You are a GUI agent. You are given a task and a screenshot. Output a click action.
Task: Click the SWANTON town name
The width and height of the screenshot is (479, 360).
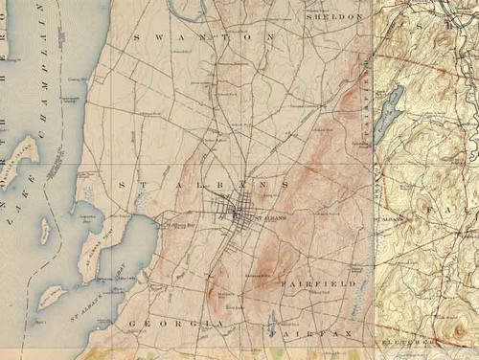[x=204, y=36]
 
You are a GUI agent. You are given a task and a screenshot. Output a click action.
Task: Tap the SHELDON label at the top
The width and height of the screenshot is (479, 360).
[x=334, y=16]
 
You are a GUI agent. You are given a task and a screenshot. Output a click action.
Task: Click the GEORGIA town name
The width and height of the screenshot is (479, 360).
[x=179, y=325]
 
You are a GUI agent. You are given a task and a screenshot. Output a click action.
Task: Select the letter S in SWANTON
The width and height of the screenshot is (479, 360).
[x=140, y=36]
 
